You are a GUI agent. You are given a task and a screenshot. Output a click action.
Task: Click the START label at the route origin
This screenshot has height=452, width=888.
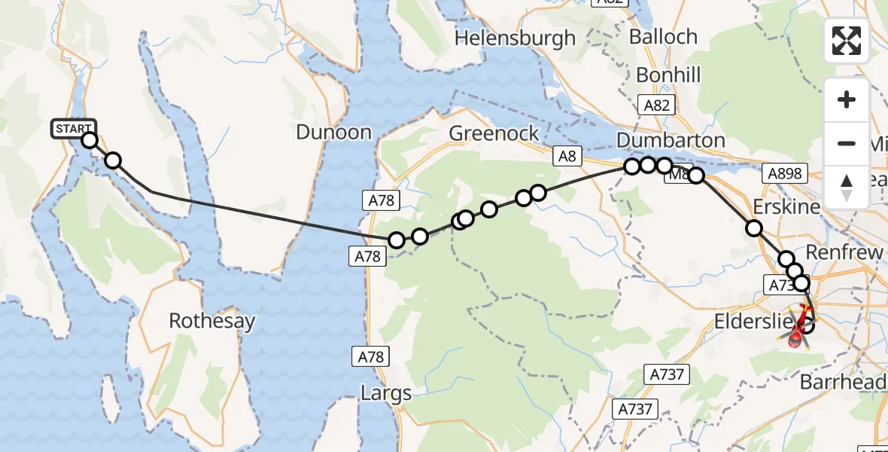73,129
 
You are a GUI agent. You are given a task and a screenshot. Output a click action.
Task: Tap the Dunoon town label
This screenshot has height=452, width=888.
333,133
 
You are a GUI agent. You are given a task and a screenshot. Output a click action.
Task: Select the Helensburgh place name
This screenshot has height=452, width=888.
515,38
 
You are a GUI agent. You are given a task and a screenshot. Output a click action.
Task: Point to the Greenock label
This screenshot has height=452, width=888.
494,133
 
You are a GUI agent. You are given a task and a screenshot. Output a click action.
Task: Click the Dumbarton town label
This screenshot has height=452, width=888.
671,140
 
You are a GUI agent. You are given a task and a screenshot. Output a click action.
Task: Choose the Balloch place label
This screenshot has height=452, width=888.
663,37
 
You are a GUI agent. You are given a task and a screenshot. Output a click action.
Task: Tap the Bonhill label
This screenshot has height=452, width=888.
668,75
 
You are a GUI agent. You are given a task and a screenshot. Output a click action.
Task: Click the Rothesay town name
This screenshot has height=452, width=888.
212,321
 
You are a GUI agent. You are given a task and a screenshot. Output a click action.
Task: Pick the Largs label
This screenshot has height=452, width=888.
386,392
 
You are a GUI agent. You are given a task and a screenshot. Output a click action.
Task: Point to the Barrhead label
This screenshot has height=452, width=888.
842,382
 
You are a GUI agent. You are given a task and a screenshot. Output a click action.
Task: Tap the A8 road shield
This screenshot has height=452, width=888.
567,156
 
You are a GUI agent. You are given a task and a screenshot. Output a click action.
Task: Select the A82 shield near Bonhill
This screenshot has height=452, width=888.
656,105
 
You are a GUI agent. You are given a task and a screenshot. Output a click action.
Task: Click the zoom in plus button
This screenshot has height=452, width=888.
847,100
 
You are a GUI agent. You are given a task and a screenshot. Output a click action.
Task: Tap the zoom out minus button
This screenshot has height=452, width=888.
847,143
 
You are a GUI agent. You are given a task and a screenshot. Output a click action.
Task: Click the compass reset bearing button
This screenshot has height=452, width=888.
847,186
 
